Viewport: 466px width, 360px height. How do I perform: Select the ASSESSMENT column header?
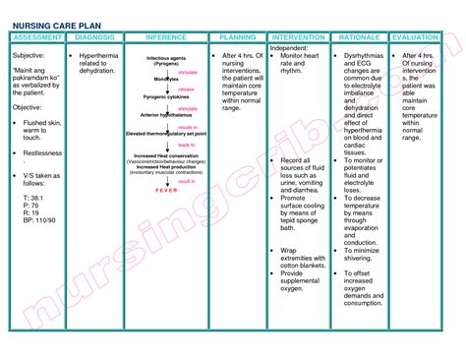(35, 37)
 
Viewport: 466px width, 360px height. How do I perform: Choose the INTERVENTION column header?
(299, 37)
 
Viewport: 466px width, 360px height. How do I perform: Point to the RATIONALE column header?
(359, 37)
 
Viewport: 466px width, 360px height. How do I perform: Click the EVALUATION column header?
(415, 37)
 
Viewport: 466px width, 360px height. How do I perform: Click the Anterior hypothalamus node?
(157, 115)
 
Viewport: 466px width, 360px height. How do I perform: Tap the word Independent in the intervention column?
(289, 47)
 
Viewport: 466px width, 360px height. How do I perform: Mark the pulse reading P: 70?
(29, 206)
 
